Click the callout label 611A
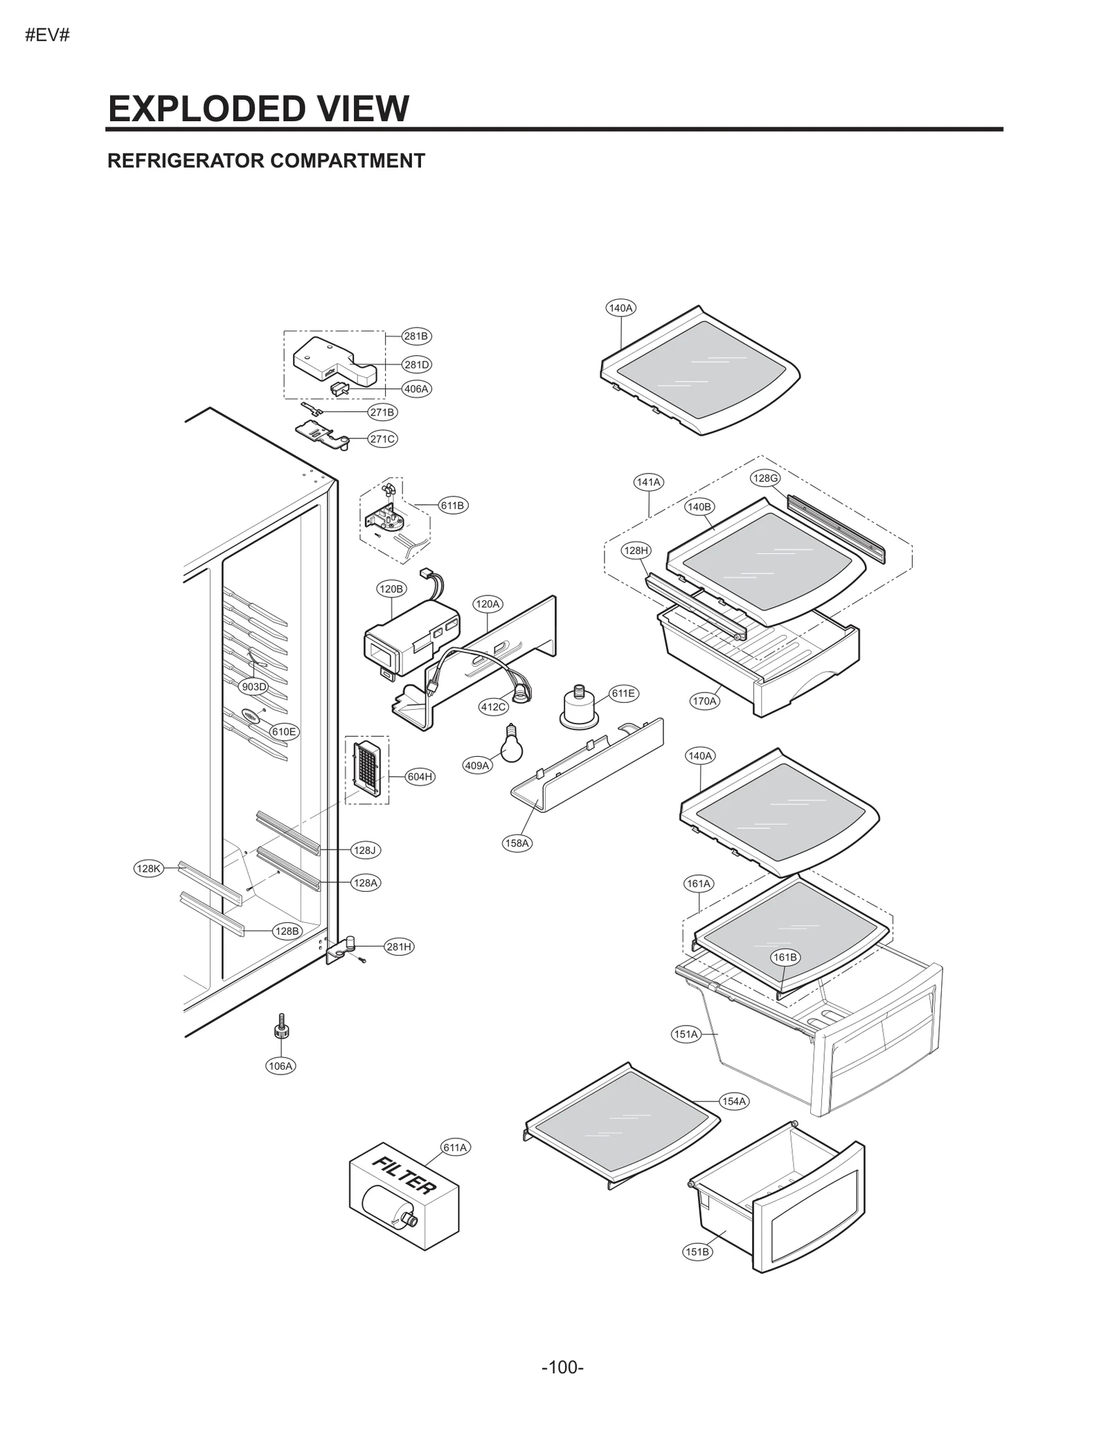point(455,1147)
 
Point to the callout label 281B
point(416,337)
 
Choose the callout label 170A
point(704,701)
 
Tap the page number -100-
point(562,1367)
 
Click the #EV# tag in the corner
point(47,35)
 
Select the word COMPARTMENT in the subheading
point(347,161)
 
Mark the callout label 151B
point(697,1251)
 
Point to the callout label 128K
point(148,868)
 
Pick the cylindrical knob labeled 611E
point(579,709)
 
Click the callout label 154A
point(734,1101)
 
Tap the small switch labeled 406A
point(339,388)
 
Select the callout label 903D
point(253,687)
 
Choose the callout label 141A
point(649,482)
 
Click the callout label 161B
point(785,957)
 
